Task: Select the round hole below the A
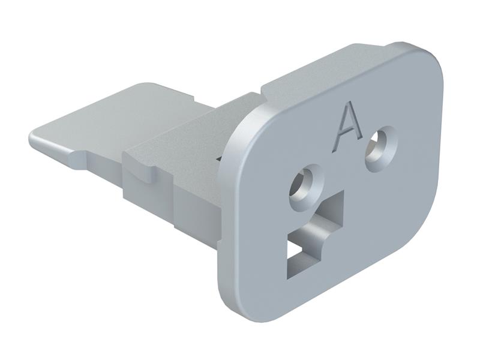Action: pos(304,188)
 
